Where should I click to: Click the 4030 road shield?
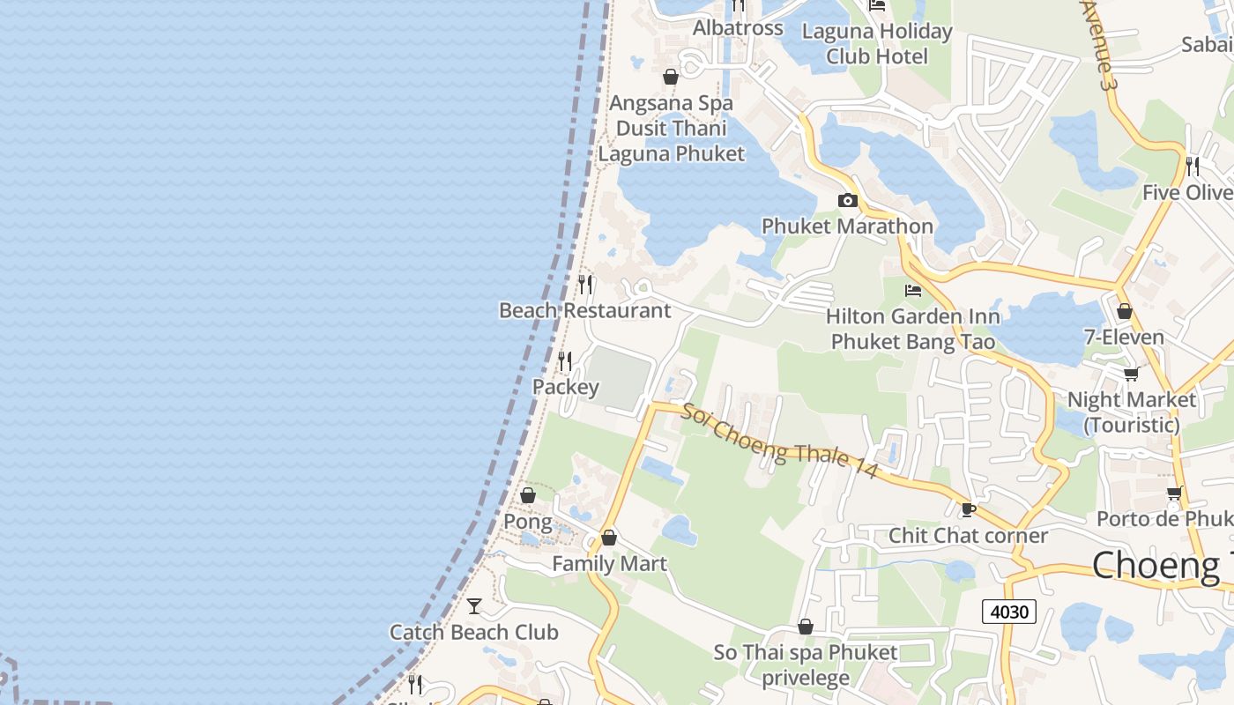click(x=1009, y=611)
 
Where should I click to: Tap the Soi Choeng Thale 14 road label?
click(x=779, y=442)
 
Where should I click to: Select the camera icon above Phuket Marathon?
click(x=847, y=201)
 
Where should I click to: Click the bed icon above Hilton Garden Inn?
click(x=913, y=290)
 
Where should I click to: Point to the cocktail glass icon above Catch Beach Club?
click(x=474, y=606)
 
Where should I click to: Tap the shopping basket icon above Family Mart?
click(x=608, y=538)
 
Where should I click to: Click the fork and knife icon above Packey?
click(x=565, y=361)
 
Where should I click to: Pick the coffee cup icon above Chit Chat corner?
click(x=968, y=509)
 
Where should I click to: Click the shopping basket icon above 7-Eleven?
click(x=1124, y=311)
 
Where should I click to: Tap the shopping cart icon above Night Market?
click(x=1131, y=374)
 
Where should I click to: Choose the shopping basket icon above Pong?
click(x=527, y=496)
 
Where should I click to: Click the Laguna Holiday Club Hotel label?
click(x=876, y=44)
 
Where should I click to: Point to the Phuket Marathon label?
click(x=847, y=226)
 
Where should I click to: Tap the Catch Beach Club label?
click(x=474, y=633)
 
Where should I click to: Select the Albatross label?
click(x=738, y=28)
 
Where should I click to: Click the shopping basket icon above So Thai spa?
click(x=805, y=627)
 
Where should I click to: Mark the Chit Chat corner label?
click(x=968, y=536)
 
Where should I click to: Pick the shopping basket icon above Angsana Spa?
click(x=671, y=78)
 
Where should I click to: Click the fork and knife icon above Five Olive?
click(x=1193, y=167)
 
